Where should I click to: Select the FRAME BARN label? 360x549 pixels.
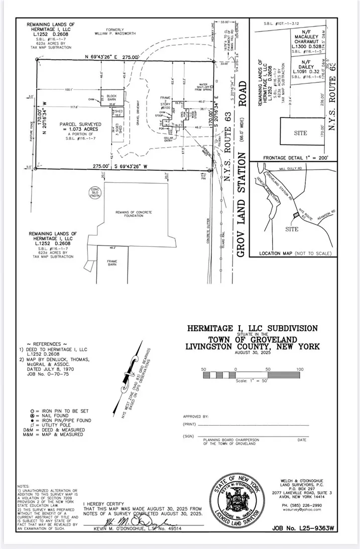click(x=111, y=262)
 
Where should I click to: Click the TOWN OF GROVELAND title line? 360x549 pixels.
click(x=252, y=339)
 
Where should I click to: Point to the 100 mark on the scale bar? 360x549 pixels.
click(x=300, y=369)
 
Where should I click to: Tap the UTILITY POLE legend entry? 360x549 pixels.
click(x=50, y=425)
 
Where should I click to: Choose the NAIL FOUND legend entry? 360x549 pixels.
click(x=48, y=416)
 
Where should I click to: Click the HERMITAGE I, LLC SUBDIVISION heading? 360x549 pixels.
click(x=252, y=328)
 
